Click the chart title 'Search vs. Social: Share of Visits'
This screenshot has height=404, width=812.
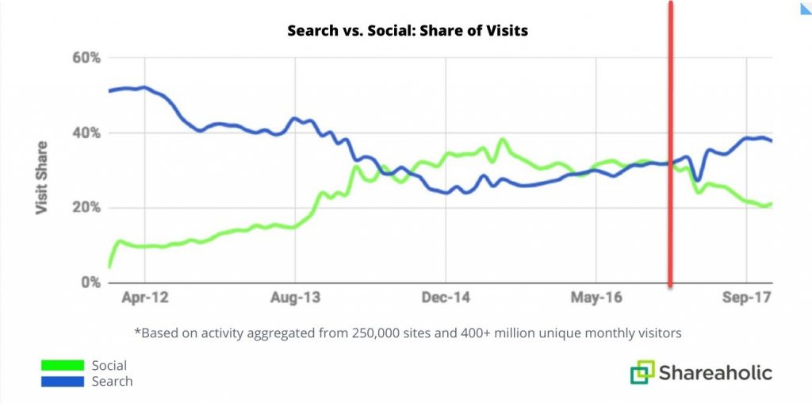(x=407, y=31)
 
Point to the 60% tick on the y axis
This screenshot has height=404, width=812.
(x=85, y=58)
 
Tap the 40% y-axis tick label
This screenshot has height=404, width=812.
(x=85, y=133)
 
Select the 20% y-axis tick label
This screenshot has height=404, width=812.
(x=85, y=208)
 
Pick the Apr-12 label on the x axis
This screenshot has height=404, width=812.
(x=145, y=298)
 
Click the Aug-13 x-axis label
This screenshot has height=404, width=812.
(x=295, y=298)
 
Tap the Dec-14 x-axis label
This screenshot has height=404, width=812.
(x=445, y=298)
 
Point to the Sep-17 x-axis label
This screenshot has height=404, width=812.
(x=746, y=298)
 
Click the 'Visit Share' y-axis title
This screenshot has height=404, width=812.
(x=41, y=178)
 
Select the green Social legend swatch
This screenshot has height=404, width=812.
(x=63, y=365)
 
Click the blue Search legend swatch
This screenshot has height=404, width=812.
(x=63, y=381)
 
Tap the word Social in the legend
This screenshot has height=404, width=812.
(x=109, y=366)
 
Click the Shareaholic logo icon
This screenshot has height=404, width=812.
(x=643, y=373)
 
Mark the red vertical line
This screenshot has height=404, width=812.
(x=671, y=143)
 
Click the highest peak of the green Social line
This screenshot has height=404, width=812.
(x=502, y=140)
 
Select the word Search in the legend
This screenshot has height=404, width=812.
(x=112, y=381)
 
